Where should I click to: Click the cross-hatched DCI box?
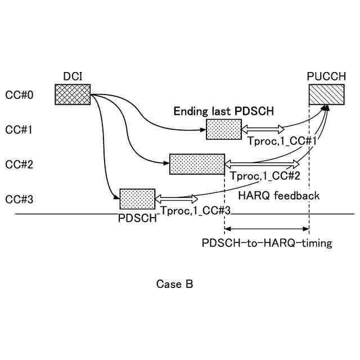point(73,94)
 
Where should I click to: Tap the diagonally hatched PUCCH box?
point(326,94)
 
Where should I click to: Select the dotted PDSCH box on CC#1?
point(224,129)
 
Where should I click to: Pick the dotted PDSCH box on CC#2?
point(197,164)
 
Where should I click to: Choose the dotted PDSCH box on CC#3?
point(137,199)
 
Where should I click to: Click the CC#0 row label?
point(19,95)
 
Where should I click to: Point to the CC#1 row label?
point(19,130)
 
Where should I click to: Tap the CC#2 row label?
point(19,165)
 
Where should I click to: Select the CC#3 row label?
point(19,199)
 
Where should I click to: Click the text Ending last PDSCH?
point(224,111)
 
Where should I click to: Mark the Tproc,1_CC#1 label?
point(282,141)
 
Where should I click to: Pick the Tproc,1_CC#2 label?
point(265,176)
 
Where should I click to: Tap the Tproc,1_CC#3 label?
point(195,210)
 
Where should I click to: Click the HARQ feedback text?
point(279,196)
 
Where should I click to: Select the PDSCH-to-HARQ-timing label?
point(267,243)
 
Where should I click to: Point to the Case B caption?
point(174,284)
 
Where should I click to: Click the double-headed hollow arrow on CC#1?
point(263,129)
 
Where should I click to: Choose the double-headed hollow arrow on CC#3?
point(176,199)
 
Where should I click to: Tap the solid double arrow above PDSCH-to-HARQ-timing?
point(267,229)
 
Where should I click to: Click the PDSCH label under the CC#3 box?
point(137,218)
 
